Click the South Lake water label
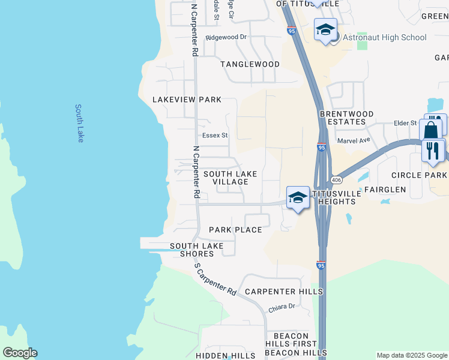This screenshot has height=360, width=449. tap(80, 123)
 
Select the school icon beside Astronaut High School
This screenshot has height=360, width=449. tap(325, 29)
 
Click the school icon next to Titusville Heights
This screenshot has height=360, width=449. tap(298, 197)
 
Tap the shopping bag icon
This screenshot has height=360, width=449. tap(431, 129)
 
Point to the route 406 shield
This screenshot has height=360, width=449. tap(336, 179)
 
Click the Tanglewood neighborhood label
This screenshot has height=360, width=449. tap(250, 64)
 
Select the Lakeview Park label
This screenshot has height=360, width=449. tap(187, 100)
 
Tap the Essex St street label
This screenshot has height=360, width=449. tap(215, 136)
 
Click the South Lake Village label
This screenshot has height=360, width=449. tap(230, 178)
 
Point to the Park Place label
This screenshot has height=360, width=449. tap(235, 230)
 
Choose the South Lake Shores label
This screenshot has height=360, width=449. tap(196, 250)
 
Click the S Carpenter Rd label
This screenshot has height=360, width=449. tap(214, 278)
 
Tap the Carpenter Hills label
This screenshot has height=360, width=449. tap(284, 292)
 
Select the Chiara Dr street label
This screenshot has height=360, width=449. tap(282, 307)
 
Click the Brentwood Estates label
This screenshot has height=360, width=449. tap(346, 118)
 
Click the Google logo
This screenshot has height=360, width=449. tap(20, 353)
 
